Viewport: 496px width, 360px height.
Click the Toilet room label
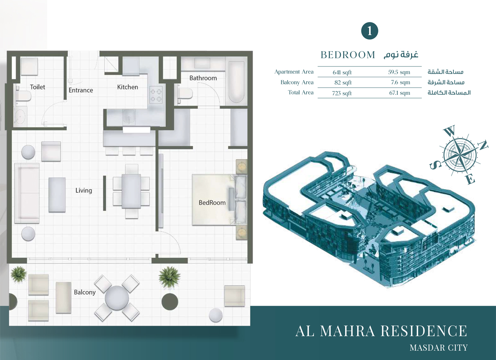(38, 87)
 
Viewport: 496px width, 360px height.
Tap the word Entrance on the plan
(80, 90)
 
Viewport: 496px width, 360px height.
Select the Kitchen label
(127, 87)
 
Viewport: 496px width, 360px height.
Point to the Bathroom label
(203, 78)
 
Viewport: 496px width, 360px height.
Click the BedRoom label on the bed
(212, 203)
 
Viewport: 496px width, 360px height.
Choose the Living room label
(84, 190)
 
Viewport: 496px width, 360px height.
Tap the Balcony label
(84, 292)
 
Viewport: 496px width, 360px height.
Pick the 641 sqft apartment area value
(342, 72)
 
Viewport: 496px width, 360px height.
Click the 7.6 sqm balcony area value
(402, 82)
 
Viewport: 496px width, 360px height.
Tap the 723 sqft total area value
(342, 93)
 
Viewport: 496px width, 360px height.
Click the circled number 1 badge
(369, 31)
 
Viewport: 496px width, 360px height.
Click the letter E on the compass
(470, 180)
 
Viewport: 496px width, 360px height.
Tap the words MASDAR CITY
(438, 347)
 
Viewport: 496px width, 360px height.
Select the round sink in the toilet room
(19, 116)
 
